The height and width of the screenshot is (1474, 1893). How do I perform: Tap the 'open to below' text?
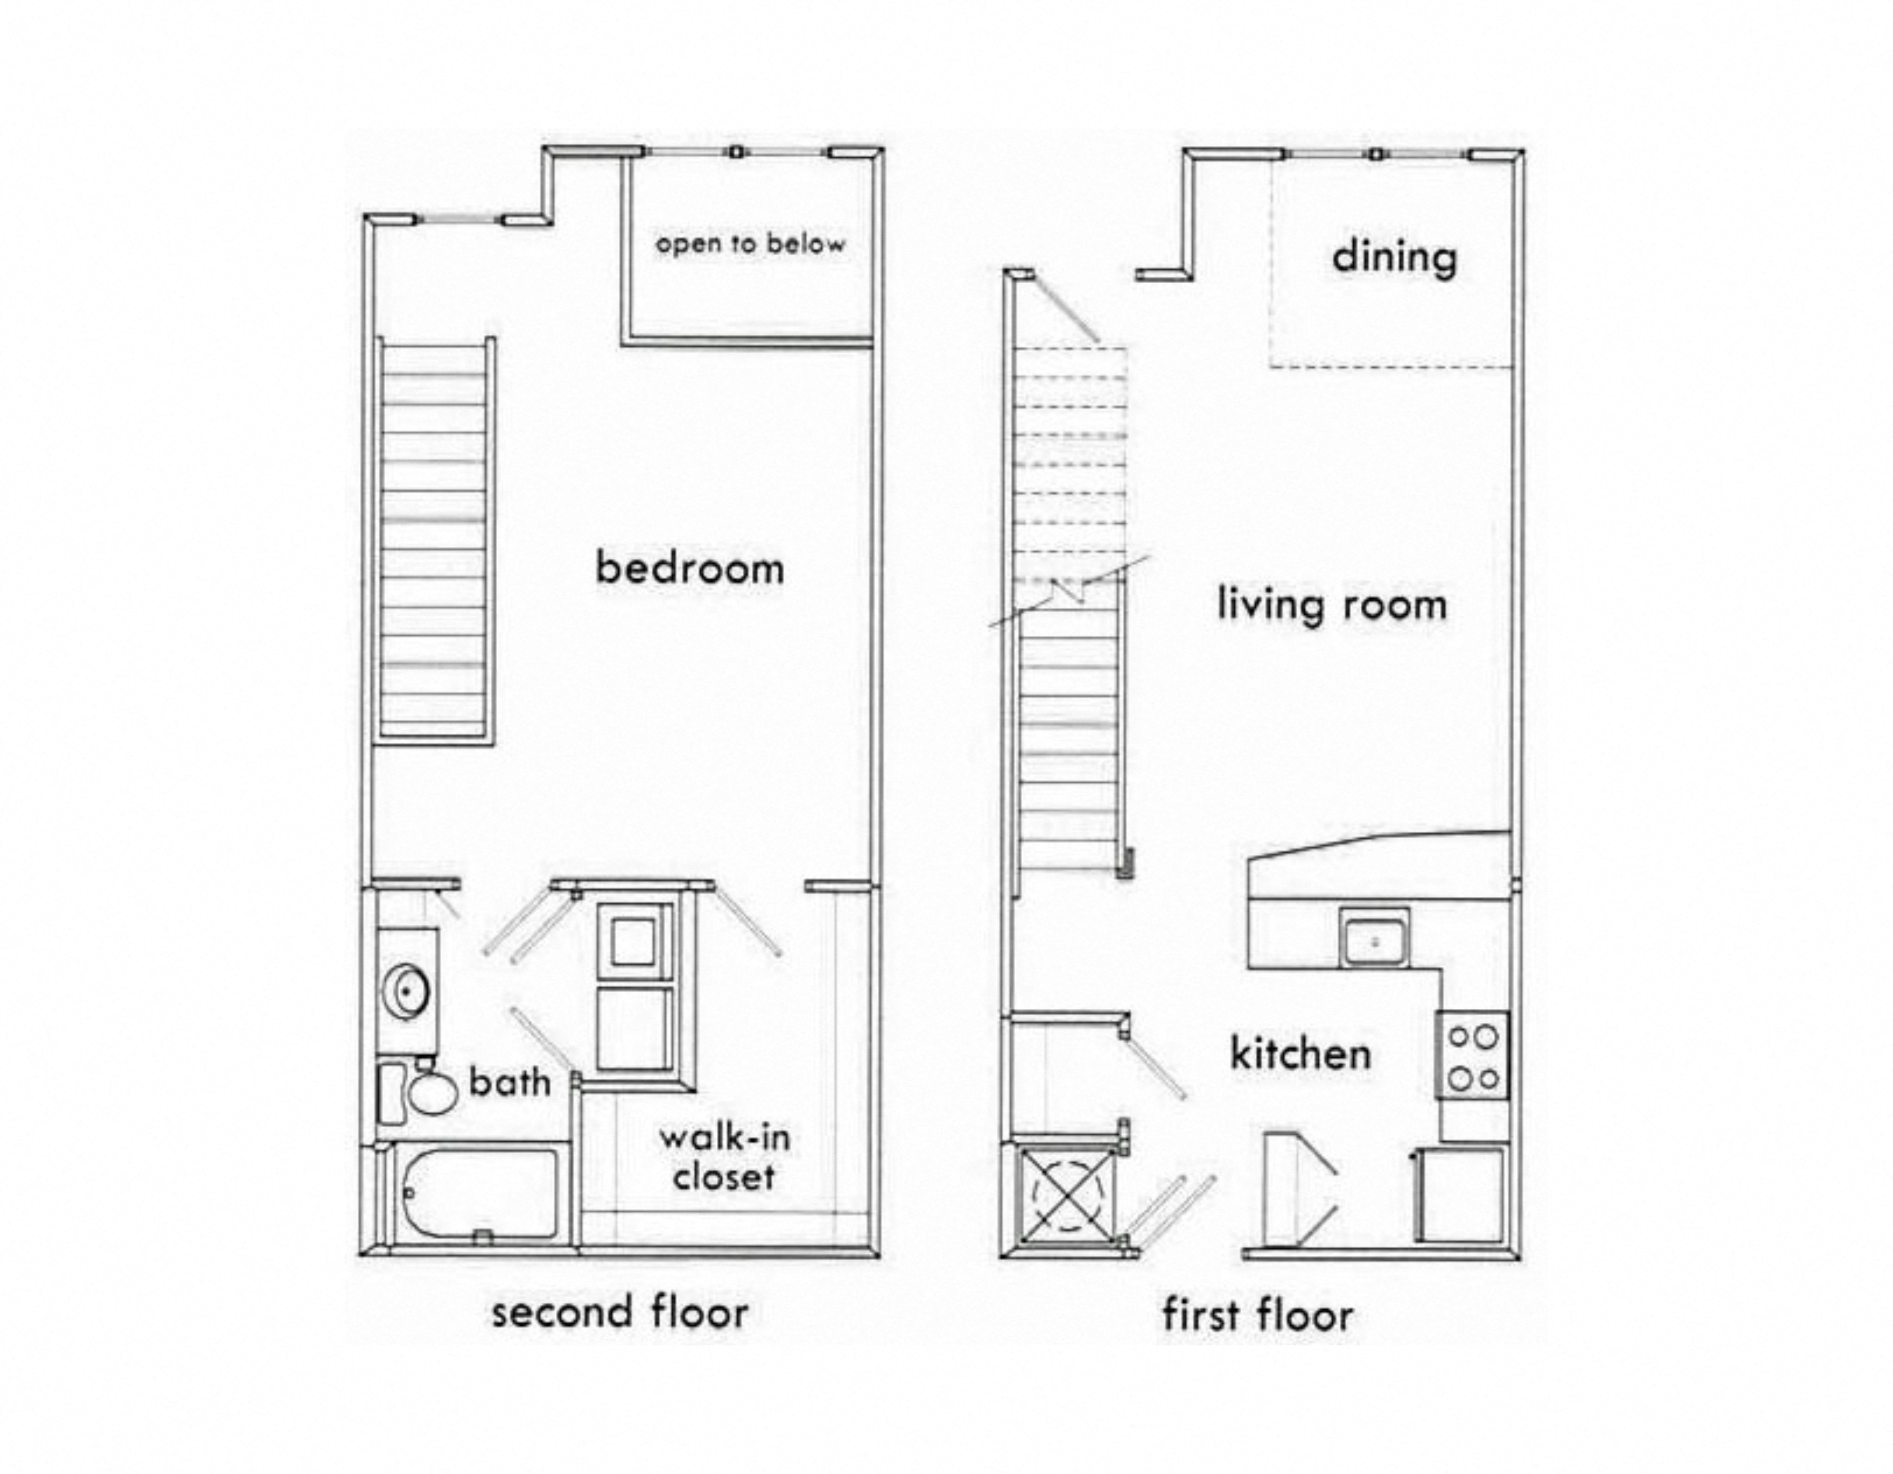coord(750,244)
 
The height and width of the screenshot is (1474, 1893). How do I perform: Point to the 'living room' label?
coord(1332,605)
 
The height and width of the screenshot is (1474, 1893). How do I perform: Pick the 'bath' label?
coord(510,1082)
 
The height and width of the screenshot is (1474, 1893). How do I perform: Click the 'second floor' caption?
coord(620,1313)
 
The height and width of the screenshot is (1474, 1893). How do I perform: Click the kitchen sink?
coord(1374,938)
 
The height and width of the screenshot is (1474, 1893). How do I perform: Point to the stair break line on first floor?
coord(1070,593)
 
